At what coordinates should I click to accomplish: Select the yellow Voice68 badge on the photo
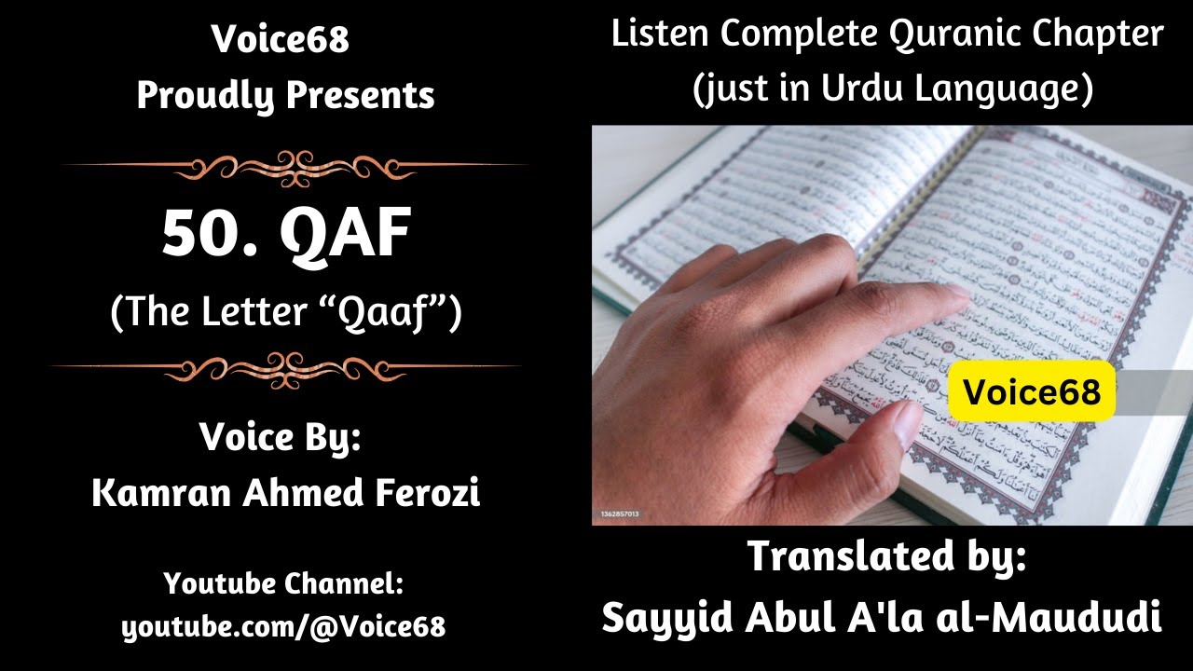[x=1032, y=391]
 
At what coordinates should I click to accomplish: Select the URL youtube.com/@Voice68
[x=283, y=627]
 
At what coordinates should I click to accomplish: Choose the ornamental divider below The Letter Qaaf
[x=286, y=366]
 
